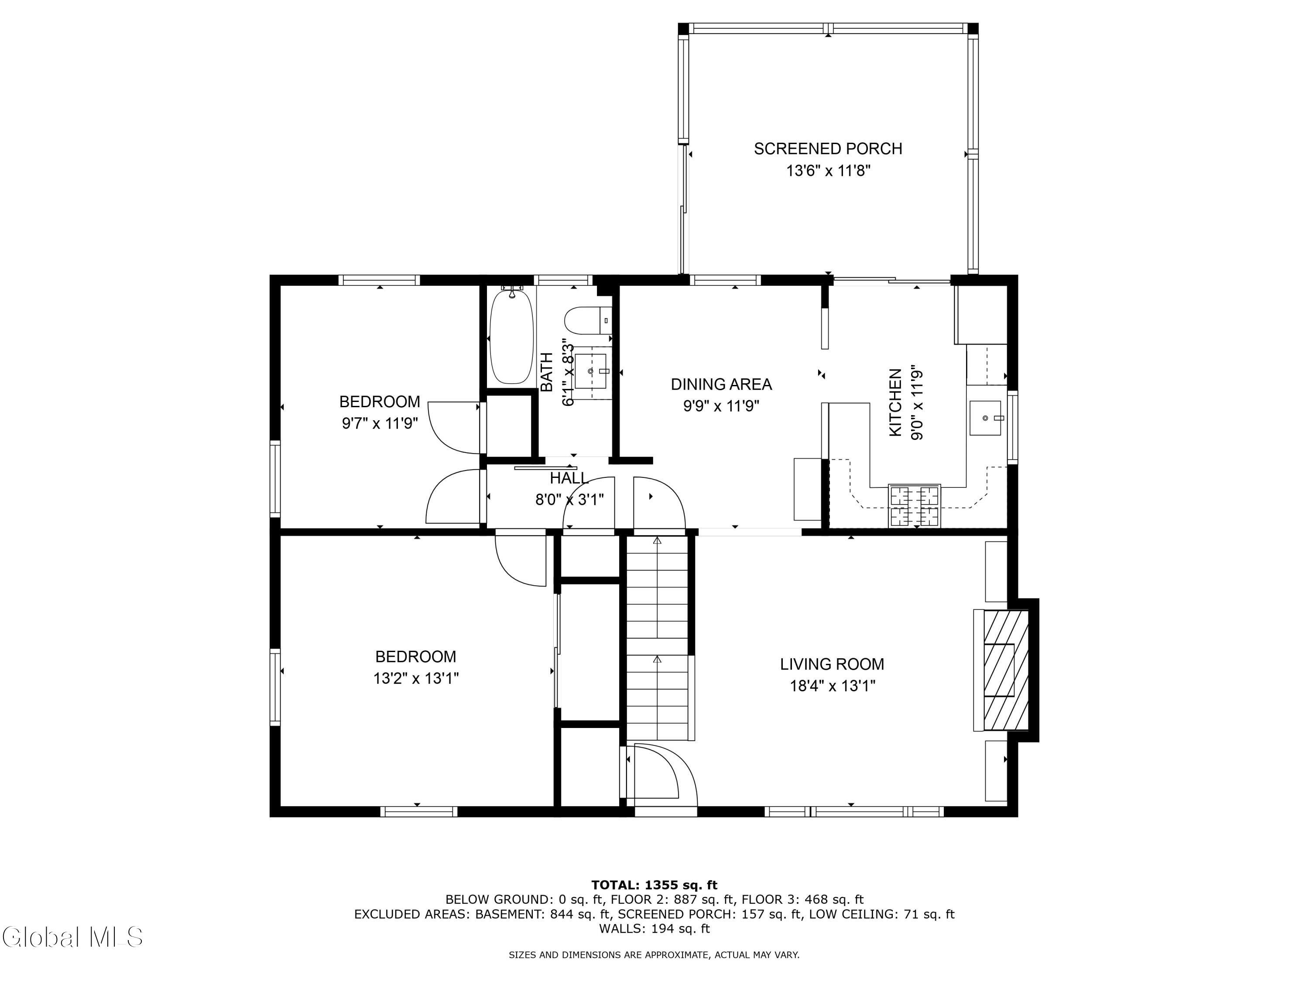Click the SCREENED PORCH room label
pos(827,148)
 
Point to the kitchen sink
pos(985,418)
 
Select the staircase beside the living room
pos(658,638)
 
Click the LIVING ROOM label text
pos(832,664)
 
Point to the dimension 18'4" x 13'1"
pos(833,686)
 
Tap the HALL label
pos(569,477)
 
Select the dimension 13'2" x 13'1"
pos(416,678)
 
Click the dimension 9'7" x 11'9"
pos(380,424)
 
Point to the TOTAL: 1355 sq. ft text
pos(654,885)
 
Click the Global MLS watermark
pos(72,937)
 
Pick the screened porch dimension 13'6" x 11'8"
pos(828,171)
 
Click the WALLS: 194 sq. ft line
pos(654,929)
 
